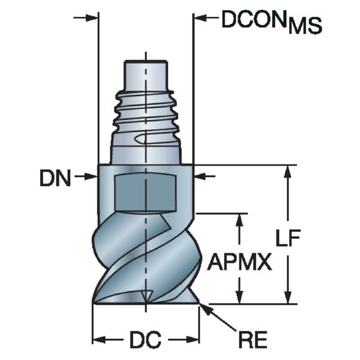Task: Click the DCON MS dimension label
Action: pos(272,22)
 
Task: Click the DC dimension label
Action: pos(145,341)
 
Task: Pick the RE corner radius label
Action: pos(253,341)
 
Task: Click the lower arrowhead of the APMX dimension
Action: pos(240,298)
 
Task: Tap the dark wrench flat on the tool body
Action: pos(145,190)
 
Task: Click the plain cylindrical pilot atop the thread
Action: pos(145,73)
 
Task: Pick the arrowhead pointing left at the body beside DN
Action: pos(200,177)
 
